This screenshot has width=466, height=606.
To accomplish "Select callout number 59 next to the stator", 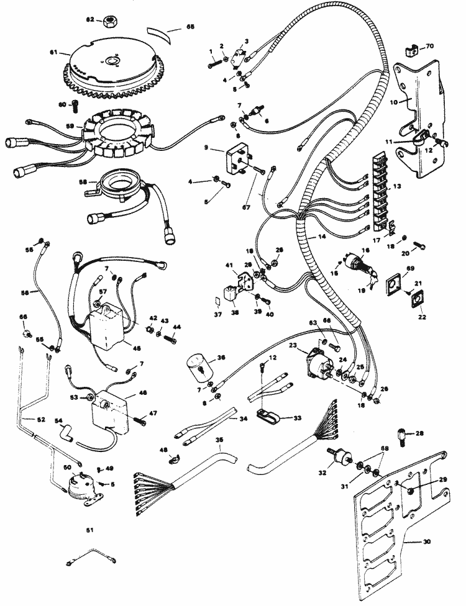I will [x=70, y=126].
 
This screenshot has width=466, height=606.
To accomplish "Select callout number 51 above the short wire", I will [x=89, y=530].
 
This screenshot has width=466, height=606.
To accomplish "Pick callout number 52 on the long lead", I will [x=41, y=420].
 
